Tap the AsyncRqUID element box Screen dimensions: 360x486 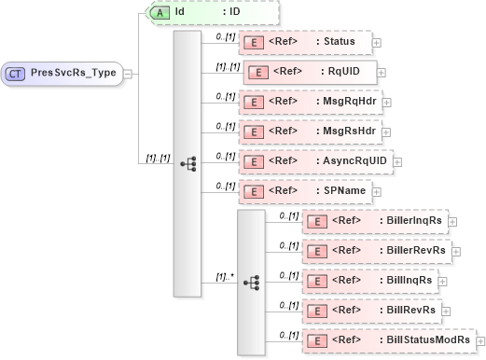tap(315, 161)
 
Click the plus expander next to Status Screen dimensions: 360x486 tap(377, 43)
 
